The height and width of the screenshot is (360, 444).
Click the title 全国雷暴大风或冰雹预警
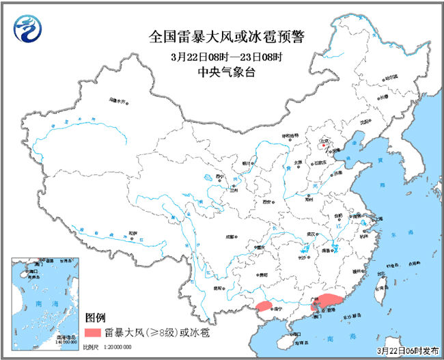(x=222, y=37)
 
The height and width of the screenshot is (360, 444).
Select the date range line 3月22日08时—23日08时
(x=222, y=55)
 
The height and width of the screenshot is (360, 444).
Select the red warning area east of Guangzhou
(x=331, y=299)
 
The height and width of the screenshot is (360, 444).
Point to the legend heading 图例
(x=96, y=318)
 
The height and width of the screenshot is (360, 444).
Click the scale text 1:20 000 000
(x=109, y=348)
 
